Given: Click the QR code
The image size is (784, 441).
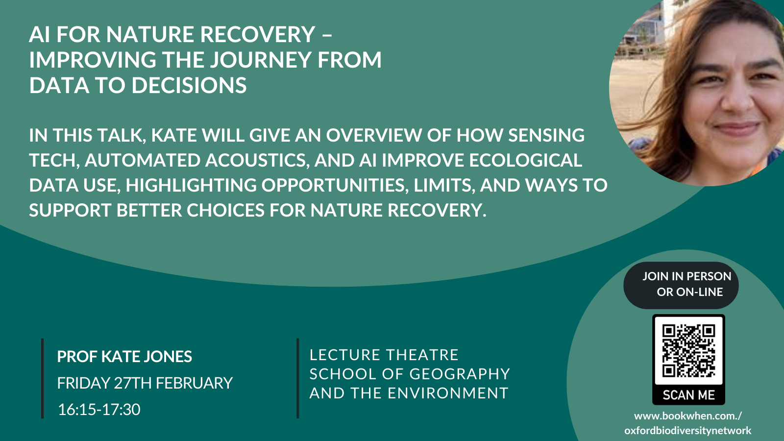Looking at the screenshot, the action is [x=688, y=351].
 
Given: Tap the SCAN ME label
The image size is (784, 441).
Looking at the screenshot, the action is [x=688, y=395].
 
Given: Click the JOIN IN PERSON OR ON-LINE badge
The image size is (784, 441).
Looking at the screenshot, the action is [x=681, y=285].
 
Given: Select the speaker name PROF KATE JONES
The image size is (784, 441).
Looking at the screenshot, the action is [x=124, y=357].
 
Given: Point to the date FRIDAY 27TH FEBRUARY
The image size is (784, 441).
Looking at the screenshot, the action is [x=145, y=383].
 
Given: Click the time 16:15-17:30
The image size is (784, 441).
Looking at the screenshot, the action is [x=99, y=410].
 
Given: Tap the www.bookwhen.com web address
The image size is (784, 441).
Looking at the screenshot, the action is [x=688, y=423].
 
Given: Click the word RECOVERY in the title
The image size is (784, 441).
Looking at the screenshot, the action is [x=258, y=34].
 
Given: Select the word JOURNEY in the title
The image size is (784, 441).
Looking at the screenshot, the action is [x=260, y=60].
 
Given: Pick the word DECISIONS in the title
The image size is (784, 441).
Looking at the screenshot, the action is [x=189, y=85].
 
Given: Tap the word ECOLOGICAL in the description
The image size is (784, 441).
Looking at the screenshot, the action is [x=525, y=160].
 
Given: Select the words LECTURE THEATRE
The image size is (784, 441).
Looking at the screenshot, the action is [x=384, y=355].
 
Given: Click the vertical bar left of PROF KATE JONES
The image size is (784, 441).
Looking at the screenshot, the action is [x=42, y=378].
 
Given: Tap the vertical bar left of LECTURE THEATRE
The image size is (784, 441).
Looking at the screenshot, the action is [x=298, y=378].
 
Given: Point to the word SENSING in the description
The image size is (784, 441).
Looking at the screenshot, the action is [x=546, y=135].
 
